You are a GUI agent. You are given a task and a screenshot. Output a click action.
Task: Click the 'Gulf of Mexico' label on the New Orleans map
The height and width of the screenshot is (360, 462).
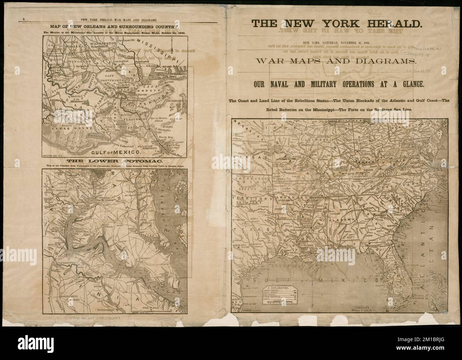click(x=114, y=152)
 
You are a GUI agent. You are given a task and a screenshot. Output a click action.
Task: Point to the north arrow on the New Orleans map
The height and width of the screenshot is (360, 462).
click(x=171, y=48)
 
